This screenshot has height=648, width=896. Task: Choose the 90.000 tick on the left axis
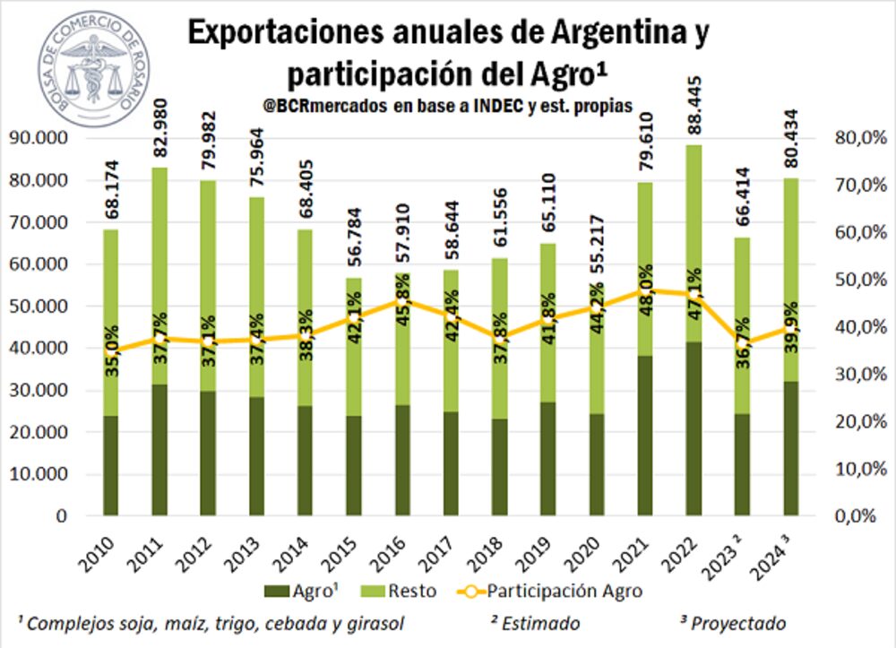coord(39,137)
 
